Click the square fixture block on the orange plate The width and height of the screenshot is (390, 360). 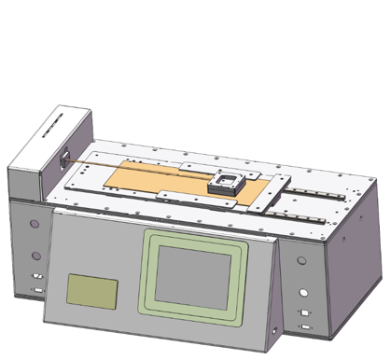pyautogui.click(x=225, y=180)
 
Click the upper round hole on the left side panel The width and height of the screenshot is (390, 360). pyautogui.click(x=35, y=224)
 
